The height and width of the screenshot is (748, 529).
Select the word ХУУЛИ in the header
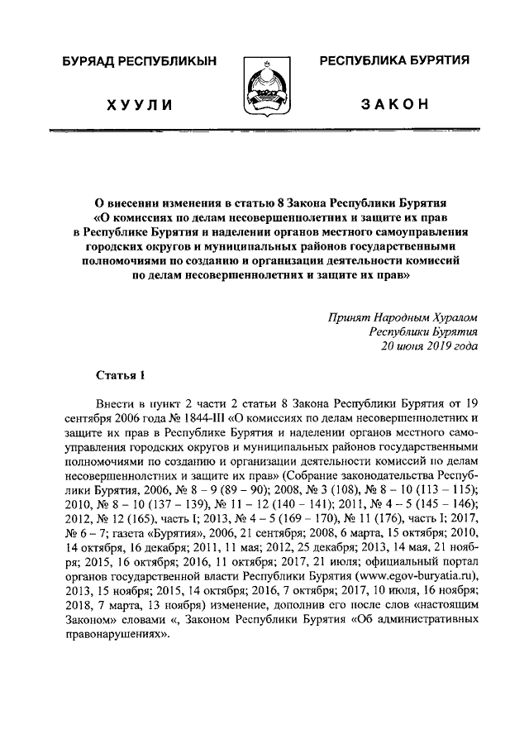tap(137, 105)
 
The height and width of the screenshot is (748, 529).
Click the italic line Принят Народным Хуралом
tap(403, 317)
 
